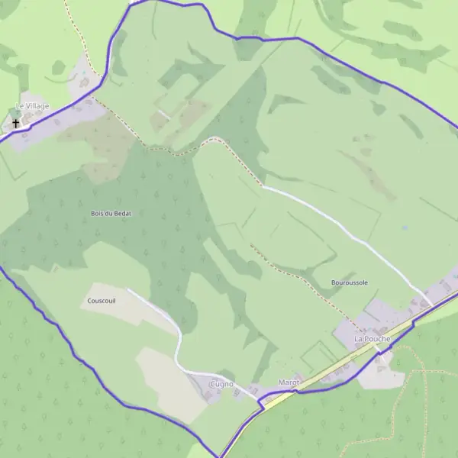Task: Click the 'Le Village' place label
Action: (33, 106)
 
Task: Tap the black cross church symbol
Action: (16, 122)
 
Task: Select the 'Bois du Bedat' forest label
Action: (111, 213)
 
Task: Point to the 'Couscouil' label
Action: (101, 301)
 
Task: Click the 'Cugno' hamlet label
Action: (221, 384)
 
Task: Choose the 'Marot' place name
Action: (289, 381)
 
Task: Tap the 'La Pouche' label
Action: (372, 338)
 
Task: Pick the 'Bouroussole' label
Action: (350, 282)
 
